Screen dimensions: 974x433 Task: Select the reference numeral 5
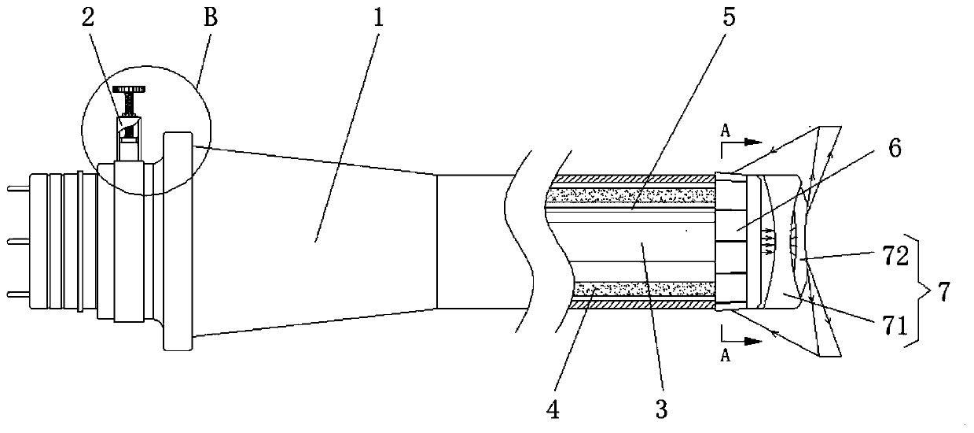(729, 17)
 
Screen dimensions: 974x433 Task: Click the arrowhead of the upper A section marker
(755, 144)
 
